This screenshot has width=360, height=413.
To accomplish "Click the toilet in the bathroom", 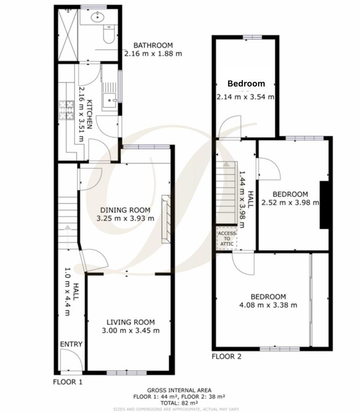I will tap(109, 35).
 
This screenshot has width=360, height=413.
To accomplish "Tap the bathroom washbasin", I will tap(98, 17).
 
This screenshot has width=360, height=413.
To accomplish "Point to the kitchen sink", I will tap(110, 99).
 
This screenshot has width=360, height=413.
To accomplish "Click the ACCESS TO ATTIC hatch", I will tap(227, 238).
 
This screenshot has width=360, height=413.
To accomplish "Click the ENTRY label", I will tap(71, 344).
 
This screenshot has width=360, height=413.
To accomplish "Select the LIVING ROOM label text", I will tap(130, 322).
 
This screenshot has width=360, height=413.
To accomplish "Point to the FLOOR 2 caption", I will tap(226, 357).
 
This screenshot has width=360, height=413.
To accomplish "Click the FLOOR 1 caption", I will tap(68, 382).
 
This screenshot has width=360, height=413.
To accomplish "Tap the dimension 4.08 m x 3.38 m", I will tap(268, 305).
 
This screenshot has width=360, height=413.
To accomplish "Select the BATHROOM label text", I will tap(153, 45).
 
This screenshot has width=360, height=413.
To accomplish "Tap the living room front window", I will tap(121, 373).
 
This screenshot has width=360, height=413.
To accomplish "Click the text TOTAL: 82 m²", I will tap(180, 403).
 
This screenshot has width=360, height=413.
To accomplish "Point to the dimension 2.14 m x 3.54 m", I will tap(246, 97).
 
